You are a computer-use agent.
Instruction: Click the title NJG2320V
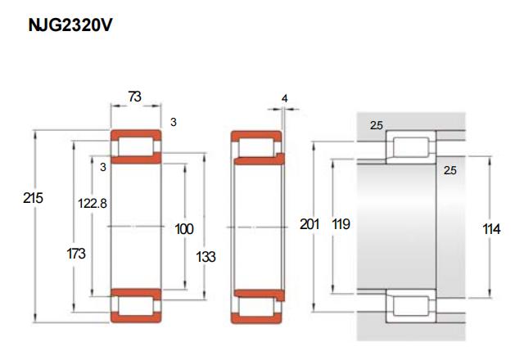70,25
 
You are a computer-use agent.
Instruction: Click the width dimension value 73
134,97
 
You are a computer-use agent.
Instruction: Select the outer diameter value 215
33,198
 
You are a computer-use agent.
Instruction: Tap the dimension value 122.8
93,203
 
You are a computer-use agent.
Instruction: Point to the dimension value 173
76,254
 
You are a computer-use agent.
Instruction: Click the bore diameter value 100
184,229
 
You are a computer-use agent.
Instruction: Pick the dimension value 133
206,257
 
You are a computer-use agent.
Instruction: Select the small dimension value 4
284,98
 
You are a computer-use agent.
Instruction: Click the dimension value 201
309,224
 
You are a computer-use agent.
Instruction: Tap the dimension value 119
341,224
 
